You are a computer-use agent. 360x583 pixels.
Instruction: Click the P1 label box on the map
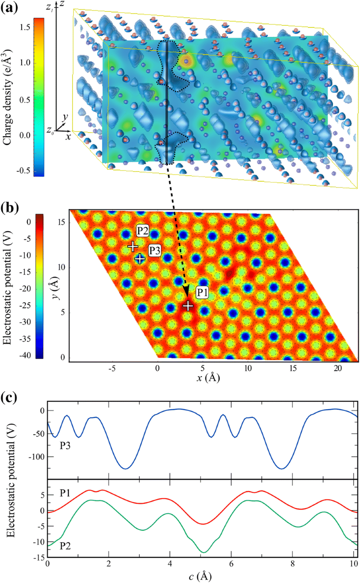[202, 291]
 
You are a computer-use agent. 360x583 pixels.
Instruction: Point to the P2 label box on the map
[143, 233]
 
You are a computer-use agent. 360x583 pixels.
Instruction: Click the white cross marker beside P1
[188, 305]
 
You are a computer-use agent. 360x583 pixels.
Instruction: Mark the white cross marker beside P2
[133, 246]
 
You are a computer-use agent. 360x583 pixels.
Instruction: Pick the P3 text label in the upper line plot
[64, 445]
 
